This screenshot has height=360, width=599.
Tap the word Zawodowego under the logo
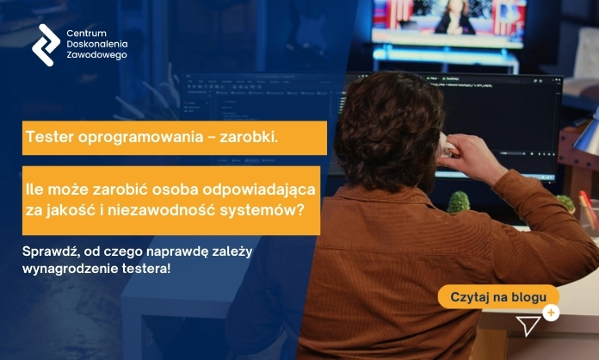[96, 55]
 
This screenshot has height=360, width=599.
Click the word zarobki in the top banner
[242, 138]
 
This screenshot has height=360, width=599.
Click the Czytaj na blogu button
[498, 297]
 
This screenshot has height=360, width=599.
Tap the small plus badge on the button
[551, 313]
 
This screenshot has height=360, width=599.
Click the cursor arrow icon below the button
[528, 326]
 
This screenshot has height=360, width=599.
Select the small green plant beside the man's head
[459, 203]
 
